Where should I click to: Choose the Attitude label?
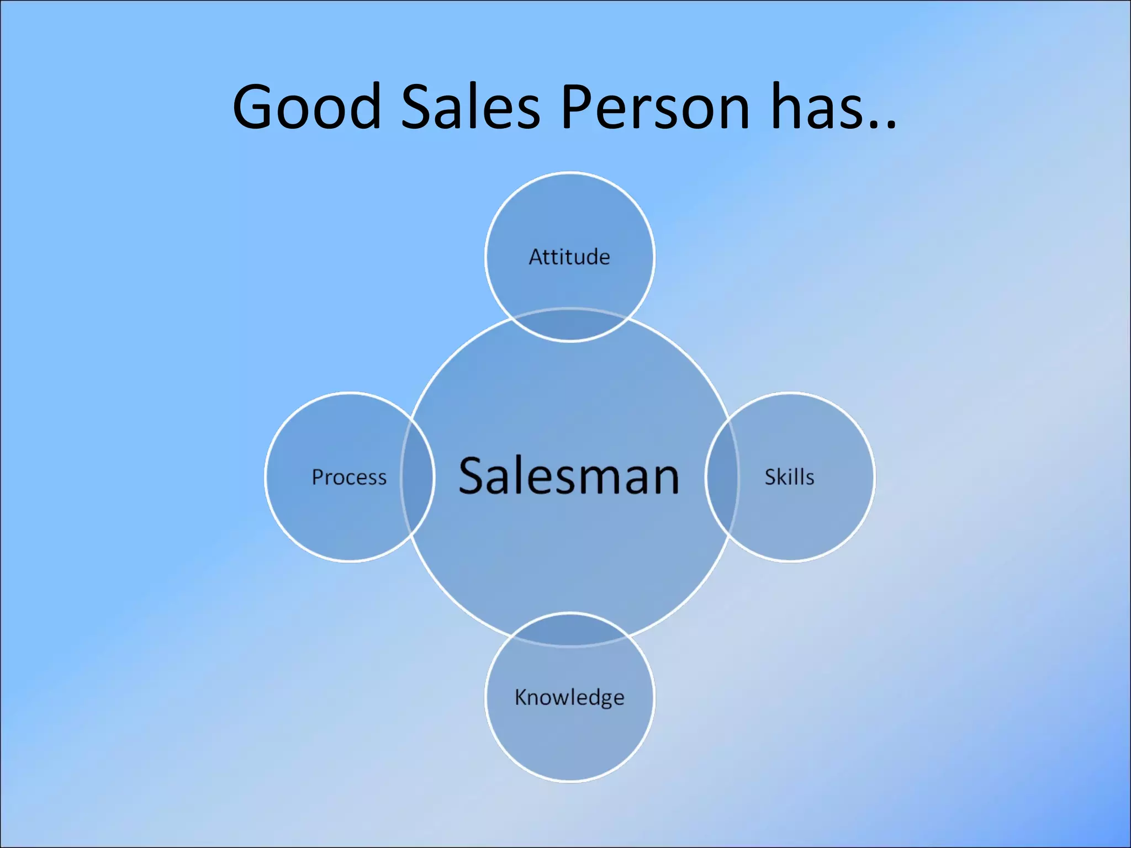(x=569, y=257)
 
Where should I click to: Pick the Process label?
(x=349, y=478)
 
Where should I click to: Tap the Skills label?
(x=789, y=478)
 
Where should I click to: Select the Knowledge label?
(x=569, y=698)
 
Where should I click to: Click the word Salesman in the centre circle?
(x=569, y=476)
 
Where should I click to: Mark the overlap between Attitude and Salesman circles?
(x=570, y=326)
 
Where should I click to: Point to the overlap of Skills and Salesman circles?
(x=722, y=478)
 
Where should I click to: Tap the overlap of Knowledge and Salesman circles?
(x=570, y=629)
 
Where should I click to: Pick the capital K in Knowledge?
(x=521, y=697)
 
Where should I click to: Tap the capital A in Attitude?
(x=536, y=257)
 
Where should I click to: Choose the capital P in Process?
(x=318, y=477)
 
